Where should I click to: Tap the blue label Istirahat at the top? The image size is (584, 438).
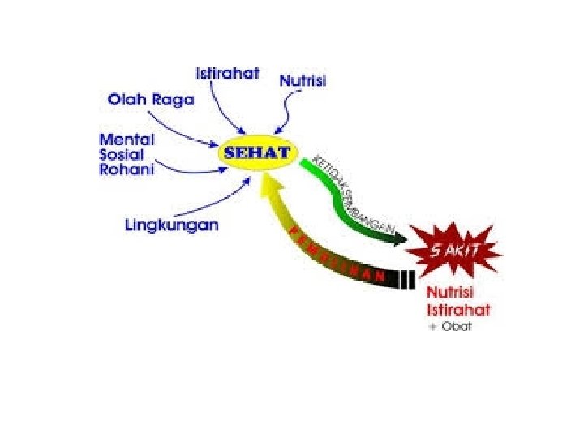(x=228, y=73)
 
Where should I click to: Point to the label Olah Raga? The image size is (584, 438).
(x=152, y=100)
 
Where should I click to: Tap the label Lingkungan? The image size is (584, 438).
(x=172, y=225)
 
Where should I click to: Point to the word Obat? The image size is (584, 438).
(x=457, y=327)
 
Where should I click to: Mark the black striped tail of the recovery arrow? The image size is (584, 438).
(x=411, y=279)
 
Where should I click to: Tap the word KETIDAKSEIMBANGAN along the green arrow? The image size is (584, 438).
(x=350, y=192)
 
